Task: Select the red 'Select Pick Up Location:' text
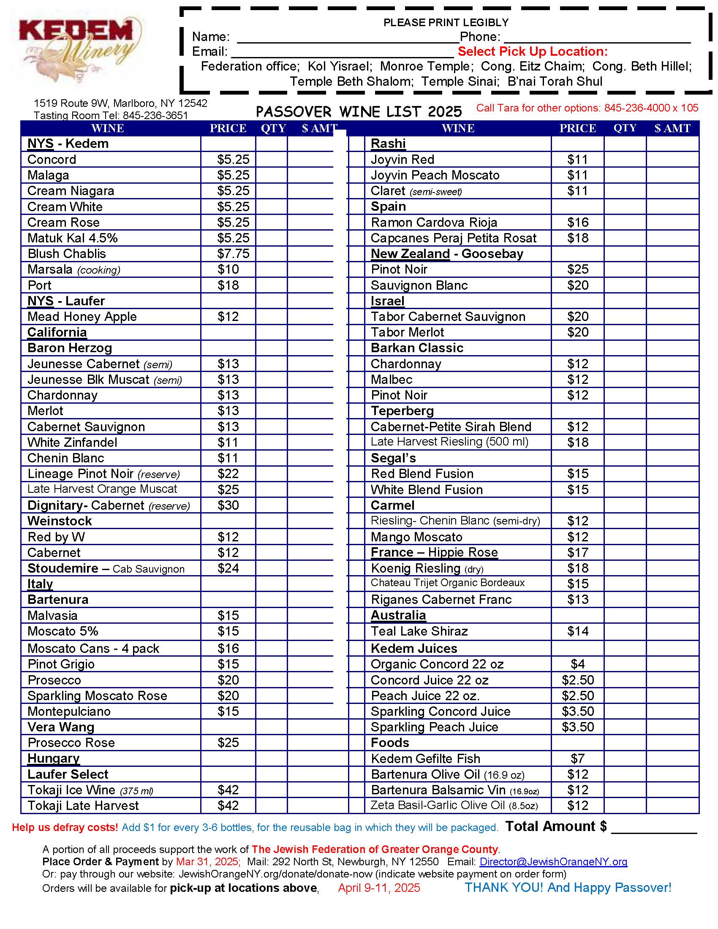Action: pos(533,52)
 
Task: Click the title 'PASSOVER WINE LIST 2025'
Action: pos(359,112)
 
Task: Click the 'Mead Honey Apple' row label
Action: pos(82,317)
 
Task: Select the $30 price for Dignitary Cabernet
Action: pos(228,505)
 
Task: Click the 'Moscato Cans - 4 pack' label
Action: pos(93,648)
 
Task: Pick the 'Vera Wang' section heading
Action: pos(61,727)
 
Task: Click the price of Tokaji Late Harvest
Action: pos(228,805)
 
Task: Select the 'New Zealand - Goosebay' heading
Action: pos(446,254)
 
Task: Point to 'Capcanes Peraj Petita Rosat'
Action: pos(454,238)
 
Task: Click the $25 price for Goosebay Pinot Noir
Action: pos(578,269)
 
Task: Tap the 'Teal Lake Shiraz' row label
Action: pos(419,631)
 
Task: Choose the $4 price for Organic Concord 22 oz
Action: pos(578,664)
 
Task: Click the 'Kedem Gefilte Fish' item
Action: pos(425,758)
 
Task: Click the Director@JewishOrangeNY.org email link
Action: pos(553,862)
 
